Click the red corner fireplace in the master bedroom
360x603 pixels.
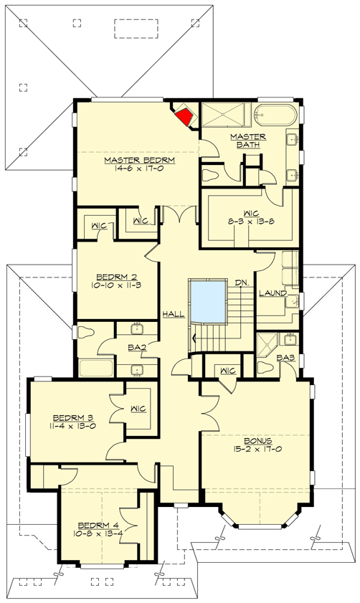(186, 116)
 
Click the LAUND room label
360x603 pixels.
(273, 293)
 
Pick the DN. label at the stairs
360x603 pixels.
(242, 282)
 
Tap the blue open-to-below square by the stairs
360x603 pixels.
(207, 300)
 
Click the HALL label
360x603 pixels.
(172, 313)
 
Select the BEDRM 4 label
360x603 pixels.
(96, 524)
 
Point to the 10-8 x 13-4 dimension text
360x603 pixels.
(96, 534)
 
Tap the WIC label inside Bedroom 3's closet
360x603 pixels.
(138, 408)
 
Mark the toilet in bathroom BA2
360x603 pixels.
(85, 333)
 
